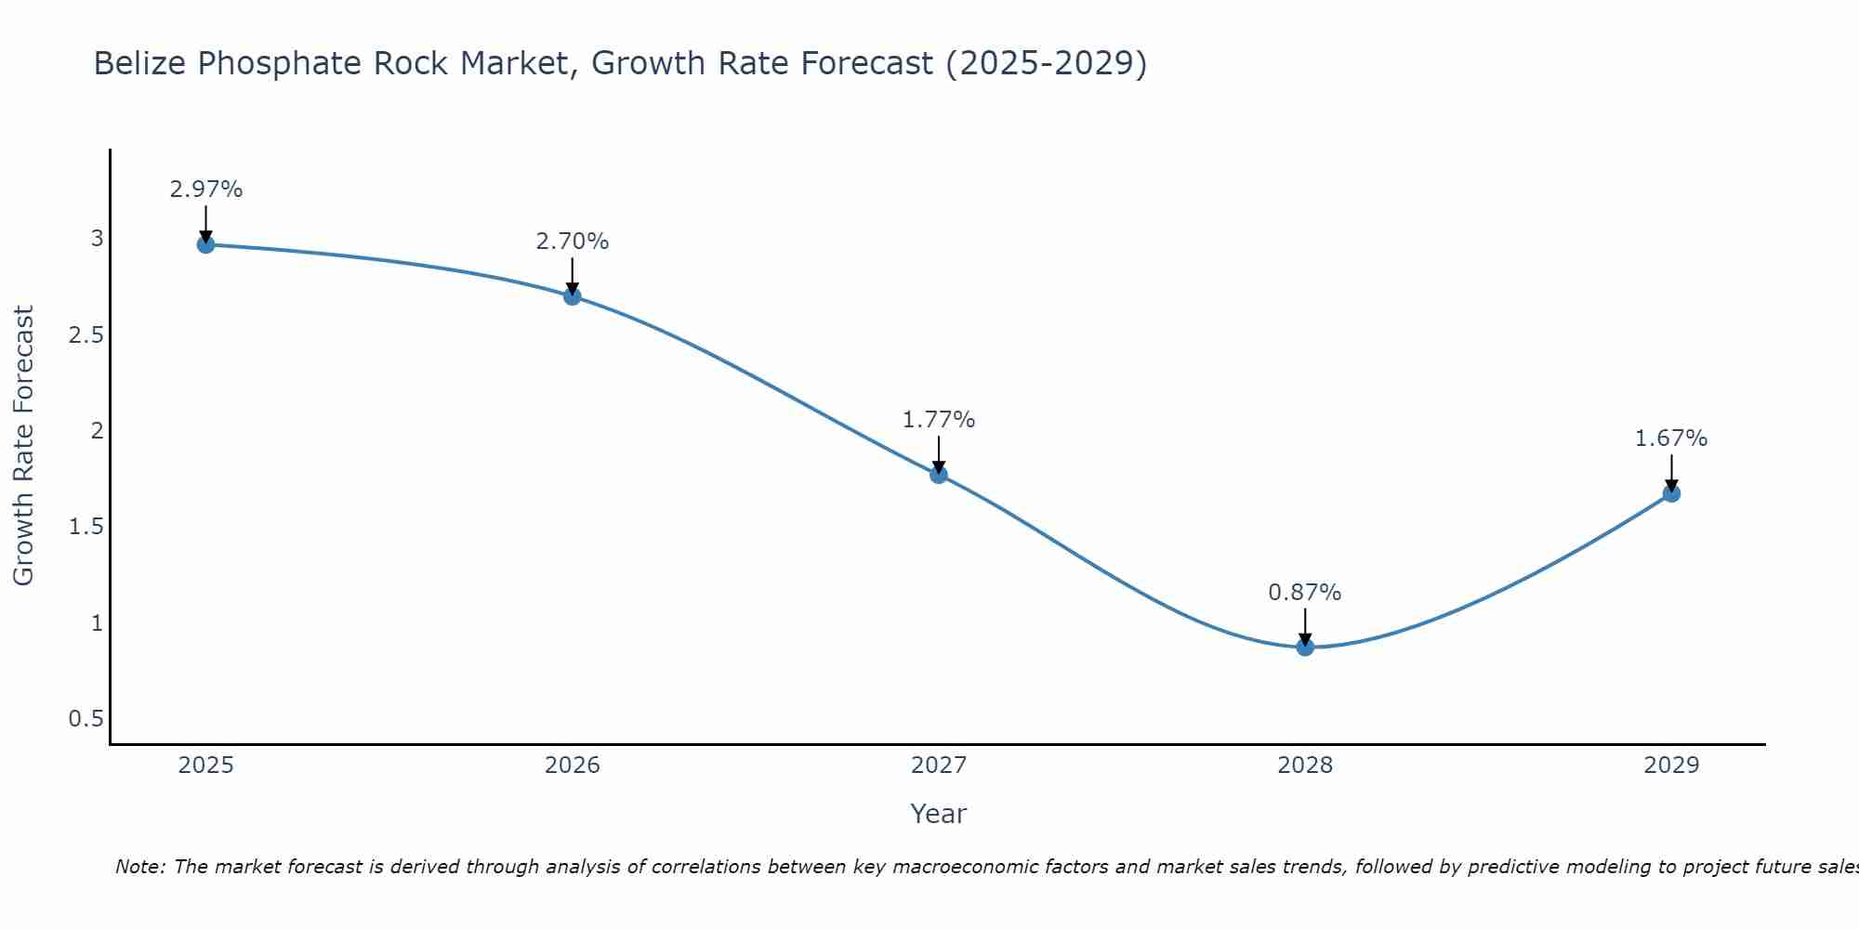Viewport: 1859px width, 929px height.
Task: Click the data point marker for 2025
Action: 205,244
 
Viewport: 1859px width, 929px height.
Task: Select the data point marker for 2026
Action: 573,296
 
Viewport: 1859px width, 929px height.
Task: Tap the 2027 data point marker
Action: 939,475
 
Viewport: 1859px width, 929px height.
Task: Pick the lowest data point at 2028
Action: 1305,648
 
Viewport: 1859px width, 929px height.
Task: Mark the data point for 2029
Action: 1671,493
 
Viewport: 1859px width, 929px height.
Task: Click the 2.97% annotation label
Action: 205,190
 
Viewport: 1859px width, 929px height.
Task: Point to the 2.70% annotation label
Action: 573,242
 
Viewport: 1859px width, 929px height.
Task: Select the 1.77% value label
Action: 939,420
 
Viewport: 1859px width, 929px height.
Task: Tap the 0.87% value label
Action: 1305,593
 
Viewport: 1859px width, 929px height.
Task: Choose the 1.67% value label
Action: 1671,438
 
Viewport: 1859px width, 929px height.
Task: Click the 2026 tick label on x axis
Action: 573,765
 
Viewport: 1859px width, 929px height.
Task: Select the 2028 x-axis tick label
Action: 1305,765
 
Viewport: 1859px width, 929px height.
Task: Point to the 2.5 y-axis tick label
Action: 86,334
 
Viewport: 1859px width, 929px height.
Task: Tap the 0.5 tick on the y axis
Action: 86,719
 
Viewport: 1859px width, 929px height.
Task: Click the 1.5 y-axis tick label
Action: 86,527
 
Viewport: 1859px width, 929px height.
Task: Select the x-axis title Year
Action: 939,814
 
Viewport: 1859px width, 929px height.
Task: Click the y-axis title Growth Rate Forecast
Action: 23,445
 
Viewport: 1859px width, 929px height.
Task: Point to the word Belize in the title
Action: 140,63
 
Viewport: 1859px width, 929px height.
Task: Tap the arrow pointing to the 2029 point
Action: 1671,474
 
